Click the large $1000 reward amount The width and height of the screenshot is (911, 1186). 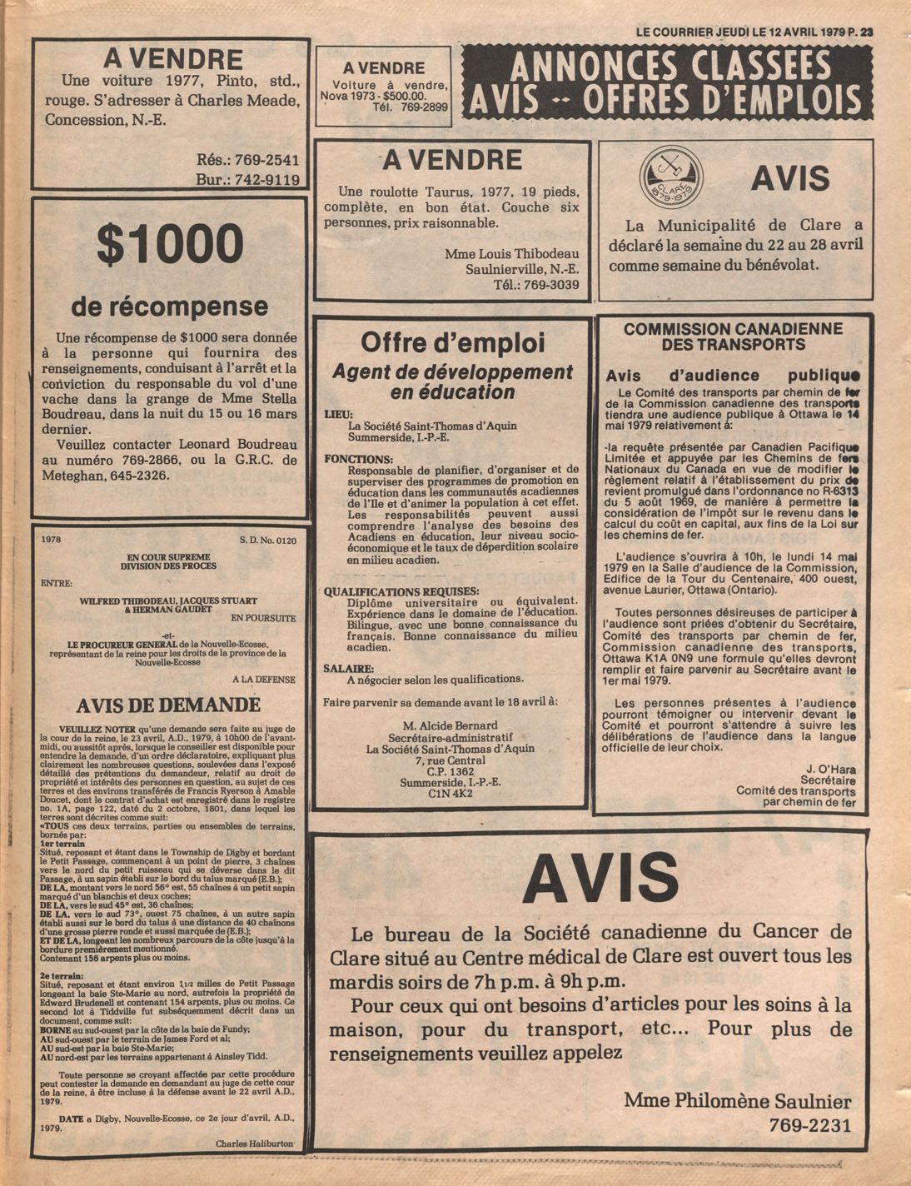(170, 243)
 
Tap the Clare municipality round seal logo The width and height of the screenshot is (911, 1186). (671, 177)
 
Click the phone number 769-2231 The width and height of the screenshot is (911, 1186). (810, 1126)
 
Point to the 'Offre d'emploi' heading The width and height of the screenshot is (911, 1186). (452, 342)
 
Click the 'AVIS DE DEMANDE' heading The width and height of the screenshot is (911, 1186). (168, 705)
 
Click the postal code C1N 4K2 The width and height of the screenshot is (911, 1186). (450, 794)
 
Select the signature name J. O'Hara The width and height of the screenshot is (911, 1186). (830, 769)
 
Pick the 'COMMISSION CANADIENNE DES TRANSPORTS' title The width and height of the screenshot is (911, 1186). (733, 336)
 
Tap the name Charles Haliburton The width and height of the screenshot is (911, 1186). (254, 1144)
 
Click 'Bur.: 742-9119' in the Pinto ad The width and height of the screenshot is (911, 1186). (247, 179)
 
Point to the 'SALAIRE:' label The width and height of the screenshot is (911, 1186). (349, 668)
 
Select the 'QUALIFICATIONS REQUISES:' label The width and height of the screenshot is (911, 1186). (396, 591)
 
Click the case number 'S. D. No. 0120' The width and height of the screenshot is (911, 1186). (267, 541)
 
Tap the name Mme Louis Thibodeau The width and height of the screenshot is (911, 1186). (511, 253)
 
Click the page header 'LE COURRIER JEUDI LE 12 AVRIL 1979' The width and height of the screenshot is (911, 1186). (739, 32)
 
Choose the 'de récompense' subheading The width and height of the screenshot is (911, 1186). (169, 306)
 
